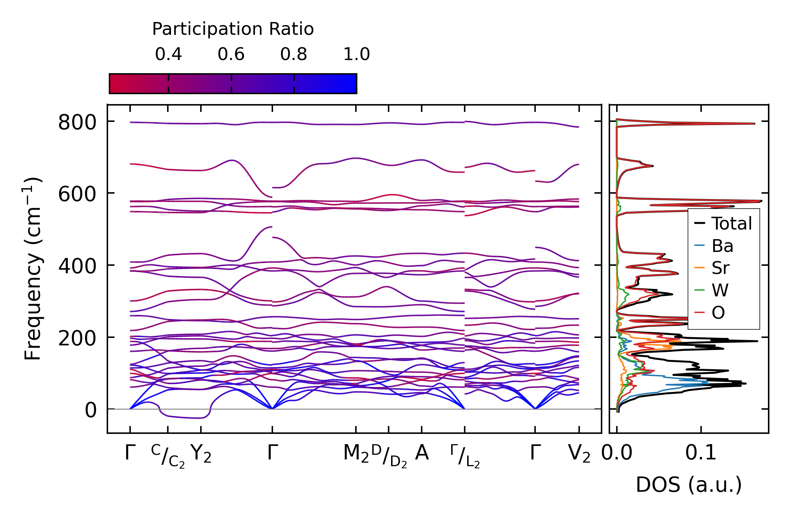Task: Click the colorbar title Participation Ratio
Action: [233, 29]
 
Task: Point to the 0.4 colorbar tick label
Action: [168, 54]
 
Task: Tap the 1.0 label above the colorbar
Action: [356, 54]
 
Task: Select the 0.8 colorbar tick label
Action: [293, 54]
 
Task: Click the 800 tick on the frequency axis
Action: [77, 123]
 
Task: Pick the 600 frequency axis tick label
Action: [77, 195]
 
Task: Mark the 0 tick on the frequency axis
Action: [90, 410]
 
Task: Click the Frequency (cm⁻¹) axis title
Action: [33, 269]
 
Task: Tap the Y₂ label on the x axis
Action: [201, 454]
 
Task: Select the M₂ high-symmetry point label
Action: [356, 454]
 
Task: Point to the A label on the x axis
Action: [422, 453]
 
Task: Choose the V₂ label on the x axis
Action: [579, 454]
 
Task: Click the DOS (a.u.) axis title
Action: [689, 485]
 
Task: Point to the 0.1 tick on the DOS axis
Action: [701, 453]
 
